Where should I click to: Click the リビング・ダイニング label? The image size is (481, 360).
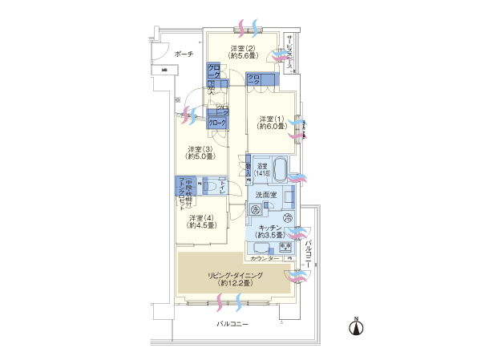tap(232, 279)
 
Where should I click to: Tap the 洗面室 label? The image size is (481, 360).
tap(266, 195)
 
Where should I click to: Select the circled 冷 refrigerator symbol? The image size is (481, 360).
tap(288, 219)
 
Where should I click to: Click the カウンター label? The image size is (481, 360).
tap(264, 258)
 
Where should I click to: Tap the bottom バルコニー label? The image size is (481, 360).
tap(233, 324)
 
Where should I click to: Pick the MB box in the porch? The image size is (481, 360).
tap(164, 70)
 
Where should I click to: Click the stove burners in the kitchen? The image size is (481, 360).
tap(285, 248)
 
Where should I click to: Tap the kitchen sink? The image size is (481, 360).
tap(261, 248)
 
